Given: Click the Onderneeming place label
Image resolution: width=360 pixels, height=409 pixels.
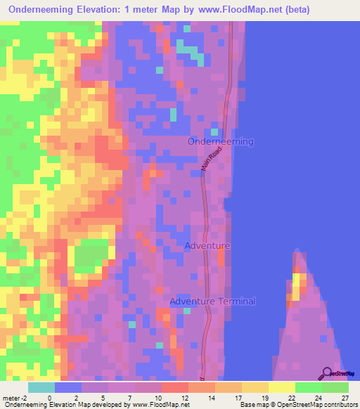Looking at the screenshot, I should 221,141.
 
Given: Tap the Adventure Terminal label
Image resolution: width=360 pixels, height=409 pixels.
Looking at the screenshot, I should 212,301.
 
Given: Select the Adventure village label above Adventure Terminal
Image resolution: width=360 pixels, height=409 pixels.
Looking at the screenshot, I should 207,246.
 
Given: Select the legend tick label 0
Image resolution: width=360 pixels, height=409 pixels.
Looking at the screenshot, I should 49,398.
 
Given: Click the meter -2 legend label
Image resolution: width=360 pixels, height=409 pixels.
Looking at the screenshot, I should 12,398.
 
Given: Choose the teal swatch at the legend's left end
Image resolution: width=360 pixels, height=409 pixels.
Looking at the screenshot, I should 41,387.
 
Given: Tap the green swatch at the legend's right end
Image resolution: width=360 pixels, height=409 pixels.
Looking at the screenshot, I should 335,387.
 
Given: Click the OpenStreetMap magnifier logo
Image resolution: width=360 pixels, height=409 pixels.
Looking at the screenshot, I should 327,373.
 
